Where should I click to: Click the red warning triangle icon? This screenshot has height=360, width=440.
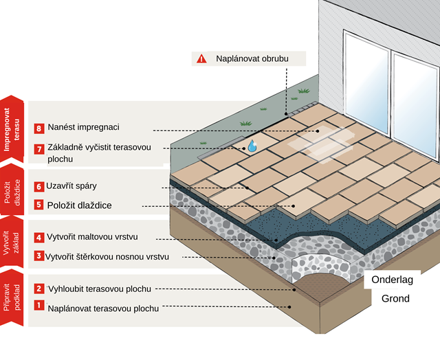tap(201, 59)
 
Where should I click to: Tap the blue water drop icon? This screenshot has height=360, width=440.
tap(252, 146)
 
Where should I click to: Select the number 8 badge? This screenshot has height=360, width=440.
tap(39, 128)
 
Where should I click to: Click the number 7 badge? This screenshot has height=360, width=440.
tap(39, 148)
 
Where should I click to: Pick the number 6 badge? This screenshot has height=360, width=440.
tap(39, 186)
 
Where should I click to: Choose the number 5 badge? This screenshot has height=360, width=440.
tap(39, 205)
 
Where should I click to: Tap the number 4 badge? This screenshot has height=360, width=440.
tap(39, 237)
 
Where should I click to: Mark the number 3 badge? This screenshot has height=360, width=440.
tap(39, 256)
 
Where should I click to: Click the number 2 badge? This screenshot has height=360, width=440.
tap(39, 289)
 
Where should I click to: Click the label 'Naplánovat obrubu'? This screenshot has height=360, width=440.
tap(251, 59)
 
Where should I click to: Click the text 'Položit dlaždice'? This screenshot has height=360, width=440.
tap(80, 205)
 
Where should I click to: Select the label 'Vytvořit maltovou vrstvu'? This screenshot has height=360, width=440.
tap(93, 237)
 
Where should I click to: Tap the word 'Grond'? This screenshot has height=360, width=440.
tap(395, 298)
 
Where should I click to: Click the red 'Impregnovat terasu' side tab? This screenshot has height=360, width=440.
tap(15, 127)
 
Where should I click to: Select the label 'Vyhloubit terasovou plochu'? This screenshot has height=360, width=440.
tap(100, 289)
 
